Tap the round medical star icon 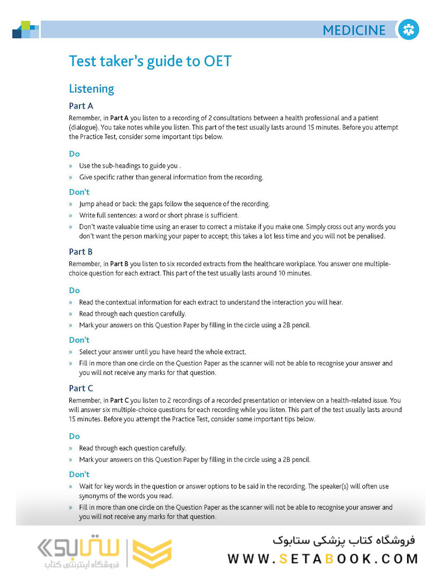(408, 30)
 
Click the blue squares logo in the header (25, 30)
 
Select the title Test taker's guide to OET (150, 61)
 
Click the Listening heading (91, 89)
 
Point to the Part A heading (81, 106)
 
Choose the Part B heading (81, 252)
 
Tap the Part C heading (81, 388)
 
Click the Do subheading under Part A (74, 154)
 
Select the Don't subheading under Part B (79, 340)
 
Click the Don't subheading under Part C (79, 474)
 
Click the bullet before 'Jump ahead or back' (70, 204)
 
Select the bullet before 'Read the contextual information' (70, 302)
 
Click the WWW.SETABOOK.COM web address (323, 558)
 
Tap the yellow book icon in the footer (152, 554)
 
